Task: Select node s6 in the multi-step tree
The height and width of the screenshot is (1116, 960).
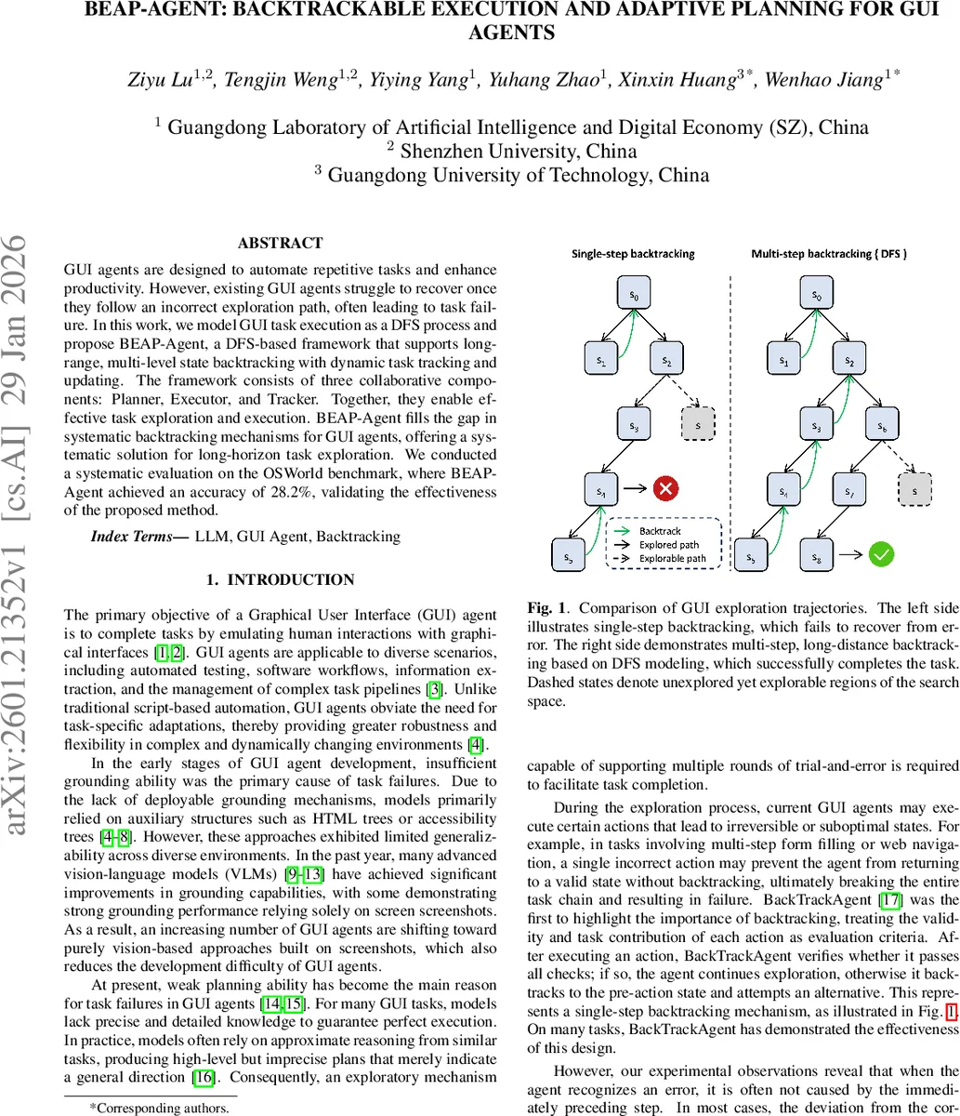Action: tap(883, 427)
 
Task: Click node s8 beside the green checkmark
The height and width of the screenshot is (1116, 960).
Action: tap(816, 556)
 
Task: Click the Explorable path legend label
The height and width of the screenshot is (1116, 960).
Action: tap(672, 558)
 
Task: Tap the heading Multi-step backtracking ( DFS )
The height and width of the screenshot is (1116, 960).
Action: tap(828, 253)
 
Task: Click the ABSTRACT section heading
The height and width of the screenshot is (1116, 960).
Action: tap(281, 244)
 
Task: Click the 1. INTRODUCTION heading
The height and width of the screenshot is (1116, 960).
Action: tap(280, 580)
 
